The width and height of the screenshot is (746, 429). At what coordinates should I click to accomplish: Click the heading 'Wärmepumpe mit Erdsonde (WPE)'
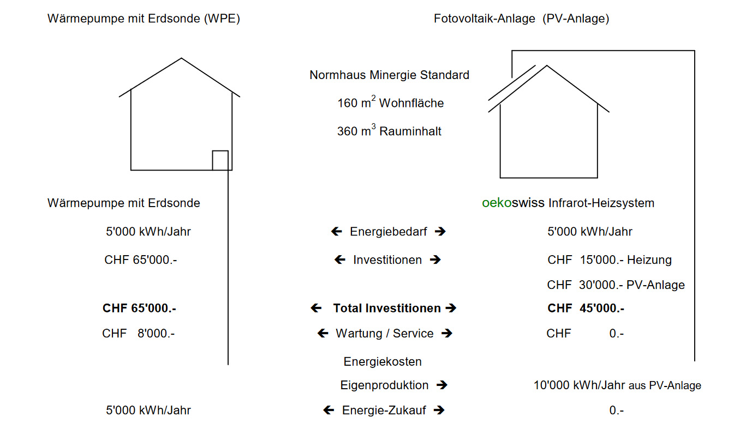coord(144,19)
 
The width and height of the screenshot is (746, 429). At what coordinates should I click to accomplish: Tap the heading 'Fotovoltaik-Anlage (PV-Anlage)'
coord(521,19)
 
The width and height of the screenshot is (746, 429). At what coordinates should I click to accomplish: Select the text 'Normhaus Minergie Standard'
coord(389,75)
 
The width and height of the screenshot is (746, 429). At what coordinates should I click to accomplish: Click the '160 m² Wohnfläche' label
coord(390,102)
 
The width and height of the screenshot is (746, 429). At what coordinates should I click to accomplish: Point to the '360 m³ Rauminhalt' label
coord(389,130)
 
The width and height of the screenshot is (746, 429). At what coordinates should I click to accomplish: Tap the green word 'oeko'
coord(497,203)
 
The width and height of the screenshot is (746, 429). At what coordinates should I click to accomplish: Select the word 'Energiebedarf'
coord(389,232)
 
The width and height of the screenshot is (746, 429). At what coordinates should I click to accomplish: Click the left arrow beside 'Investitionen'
coord(339,259)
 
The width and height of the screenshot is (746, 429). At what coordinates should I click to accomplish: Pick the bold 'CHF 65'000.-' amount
coord(139,309)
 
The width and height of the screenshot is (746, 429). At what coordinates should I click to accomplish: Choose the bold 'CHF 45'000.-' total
coord(586,309)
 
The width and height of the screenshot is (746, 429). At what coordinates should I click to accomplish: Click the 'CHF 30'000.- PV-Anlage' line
coord(616,285)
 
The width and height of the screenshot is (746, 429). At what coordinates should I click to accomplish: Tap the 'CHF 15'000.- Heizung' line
coord(610,259)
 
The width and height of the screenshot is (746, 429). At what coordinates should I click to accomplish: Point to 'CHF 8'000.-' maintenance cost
coord(138,333)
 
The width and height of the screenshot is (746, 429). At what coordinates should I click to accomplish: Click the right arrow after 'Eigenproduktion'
coord(442,385)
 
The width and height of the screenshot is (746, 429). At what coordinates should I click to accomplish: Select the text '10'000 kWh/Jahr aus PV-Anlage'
coord(617,385)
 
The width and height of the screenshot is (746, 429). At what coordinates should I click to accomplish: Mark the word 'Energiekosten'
coord(383,361)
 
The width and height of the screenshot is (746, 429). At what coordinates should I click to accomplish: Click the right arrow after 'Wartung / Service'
coord(447,333)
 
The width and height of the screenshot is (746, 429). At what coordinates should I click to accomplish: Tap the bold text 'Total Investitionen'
coord(387,309)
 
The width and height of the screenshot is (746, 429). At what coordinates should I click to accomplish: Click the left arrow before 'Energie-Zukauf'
coord(329,410)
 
